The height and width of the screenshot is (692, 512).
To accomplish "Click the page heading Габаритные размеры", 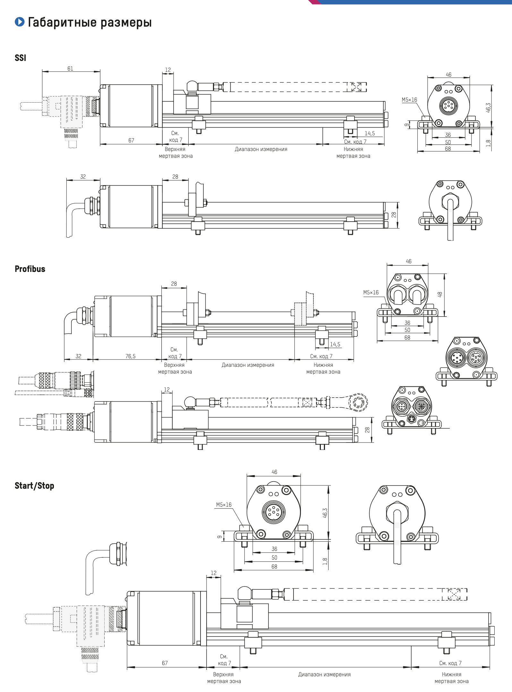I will [90, 22].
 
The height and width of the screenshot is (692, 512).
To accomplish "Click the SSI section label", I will [20, 58].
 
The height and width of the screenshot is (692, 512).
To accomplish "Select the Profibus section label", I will [30, 269].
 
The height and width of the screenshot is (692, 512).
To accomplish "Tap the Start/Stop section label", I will [34, 485].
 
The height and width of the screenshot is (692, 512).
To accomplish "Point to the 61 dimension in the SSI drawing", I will [70, 69].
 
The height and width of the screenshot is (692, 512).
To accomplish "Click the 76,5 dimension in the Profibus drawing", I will [130, 356].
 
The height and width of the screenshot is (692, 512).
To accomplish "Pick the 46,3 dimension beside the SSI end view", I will [488, 108].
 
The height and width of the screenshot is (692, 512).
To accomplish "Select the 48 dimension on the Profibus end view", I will [440, 294].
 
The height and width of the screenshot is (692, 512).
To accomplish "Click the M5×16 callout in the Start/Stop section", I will [224, 505].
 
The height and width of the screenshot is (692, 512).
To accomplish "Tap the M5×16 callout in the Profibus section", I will [371, 292].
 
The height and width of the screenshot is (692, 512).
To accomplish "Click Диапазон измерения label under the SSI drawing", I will [261, 149].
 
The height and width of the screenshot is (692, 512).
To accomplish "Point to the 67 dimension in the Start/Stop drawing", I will [165, 663].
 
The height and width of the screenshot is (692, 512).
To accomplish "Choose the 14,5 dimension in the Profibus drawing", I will [335, 344].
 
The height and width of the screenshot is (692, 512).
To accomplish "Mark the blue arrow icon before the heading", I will [20, 22].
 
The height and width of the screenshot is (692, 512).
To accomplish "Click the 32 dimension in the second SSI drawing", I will [83, 177].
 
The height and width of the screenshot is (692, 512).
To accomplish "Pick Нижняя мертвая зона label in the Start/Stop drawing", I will [451, 678].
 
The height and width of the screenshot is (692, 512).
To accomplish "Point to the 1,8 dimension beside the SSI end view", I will [488, 143].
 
